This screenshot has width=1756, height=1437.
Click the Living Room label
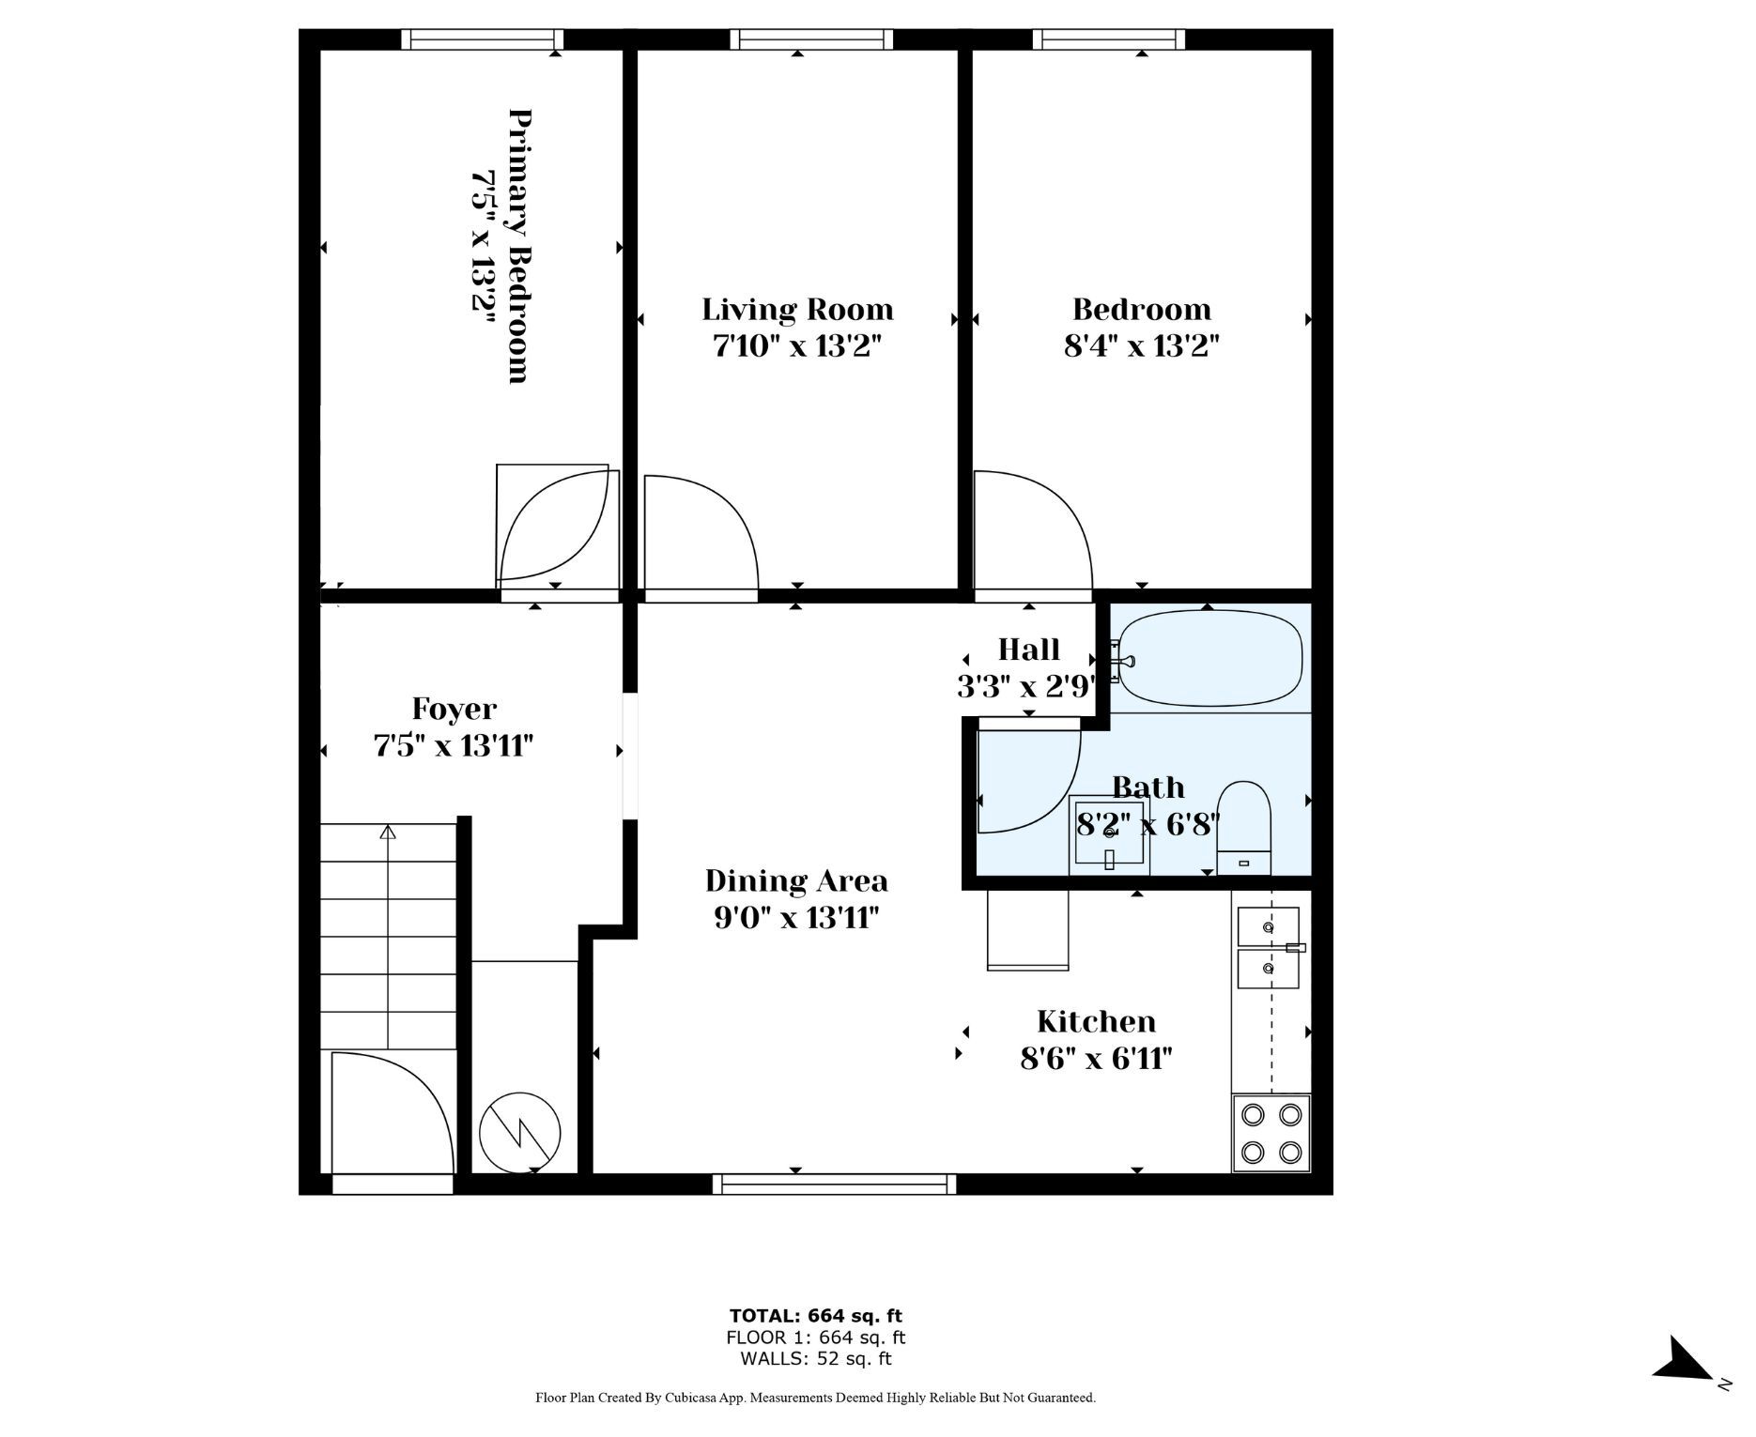tap(797, 309)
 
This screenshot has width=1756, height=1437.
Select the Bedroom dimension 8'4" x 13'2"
tap(1141, 346)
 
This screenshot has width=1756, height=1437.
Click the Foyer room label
tap(454, 710)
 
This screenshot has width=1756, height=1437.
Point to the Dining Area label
tap(796, 880)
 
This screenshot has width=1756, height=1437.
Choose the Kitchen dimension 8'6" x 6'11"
tap(1096, 1058)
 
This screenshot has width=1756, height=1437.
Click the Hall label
tap(1028, 650)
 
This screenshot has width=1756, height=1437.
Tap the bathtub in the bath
tap(1208, 658)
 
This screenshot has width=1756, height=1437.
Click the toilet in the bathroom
tap(1243, 828)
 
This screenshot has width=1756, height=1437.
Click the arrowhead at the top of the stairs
tap(388, 832)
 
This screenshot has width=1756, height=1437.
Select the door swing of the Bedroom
tap(1033, 530)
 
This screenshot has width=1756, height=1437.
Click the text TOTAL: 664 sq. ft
tap(815, 1316)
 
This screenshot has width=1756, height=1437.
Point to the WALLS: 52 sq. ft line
tap(815, 1358)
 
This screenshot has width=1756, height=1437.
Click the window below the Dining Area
tap(834, 1184)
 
